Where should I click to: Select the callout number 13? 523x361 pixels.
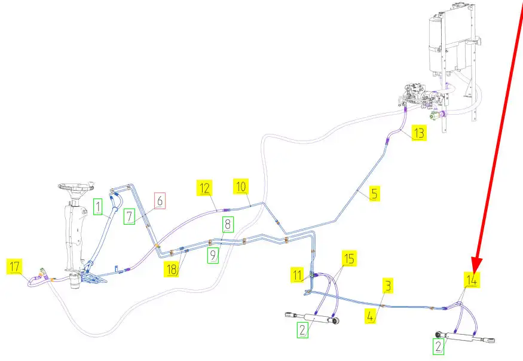point(419,133)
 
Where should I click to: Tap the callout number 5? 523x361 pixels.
point(374,193)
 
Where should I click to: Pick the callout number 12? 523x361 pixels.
point(205,188)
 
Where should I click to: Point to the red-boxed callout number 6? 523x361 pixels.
point(160,201)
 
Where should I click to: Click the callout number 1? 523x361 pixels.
point(228,224)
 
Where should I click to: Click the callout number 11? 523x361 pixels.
point(388,286)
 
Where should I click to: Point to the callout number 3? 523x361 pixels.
point(473,278)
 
